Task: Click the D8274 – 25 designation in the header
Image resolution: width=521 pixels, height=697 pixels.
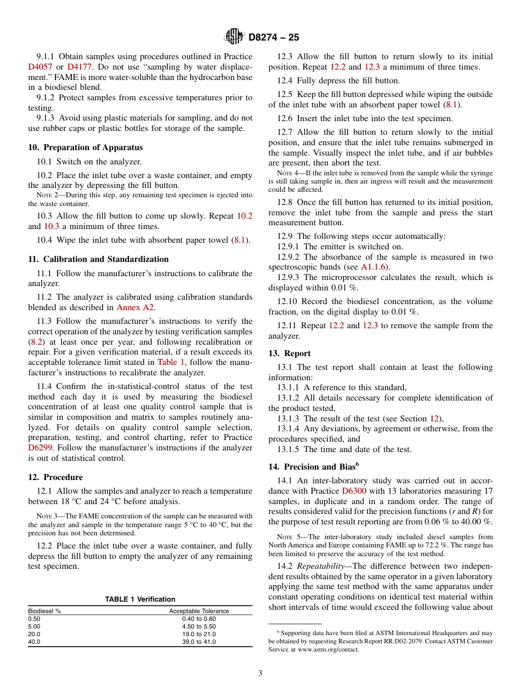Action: pos(274,38)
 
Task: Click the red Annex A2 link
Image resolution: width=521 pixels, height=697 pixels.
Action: pos(135,307)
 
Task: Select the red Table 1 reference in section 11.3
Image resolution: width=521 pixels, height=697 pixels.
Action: pos(171,362)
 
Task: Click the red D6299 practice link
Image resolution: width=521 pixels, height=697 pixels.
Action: pos(39,448)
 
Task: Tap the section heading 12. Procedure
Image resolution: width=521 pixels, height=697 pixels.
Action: pos(55,477)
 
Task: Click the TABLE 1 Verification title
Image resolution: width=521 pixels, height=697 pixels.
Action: pos(140,599)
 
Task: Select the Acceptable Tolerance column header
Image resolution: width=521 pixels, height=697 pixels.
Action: pos(199,611)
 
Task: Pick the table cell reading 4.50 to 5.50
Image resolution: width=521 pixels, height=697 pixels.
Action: pos(199,626)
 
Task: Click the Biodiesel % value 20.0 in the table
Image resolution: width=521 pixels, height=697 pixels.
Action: pos(34,634)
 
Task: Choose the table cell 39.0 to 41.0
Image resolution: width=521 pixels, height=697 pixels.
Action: pos(199,642)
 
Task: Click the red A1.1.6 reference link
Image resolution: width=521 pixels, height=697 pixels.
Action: pos(373,267)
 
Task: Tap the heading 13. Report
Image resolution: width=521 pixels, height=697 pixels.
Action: pos(289,353)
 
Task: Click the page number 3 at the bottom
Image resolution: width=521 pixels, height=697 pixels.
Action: pos(260,673)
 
